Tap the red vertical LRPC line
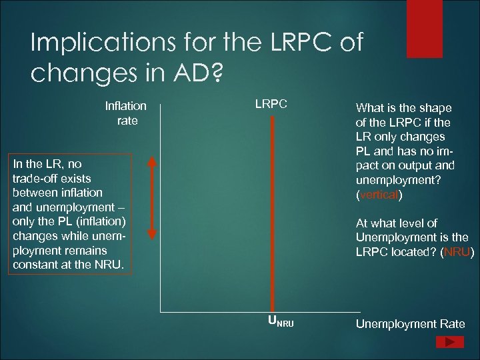pyautogui.click(x=273, y=213)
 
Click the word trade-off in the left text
pyautogui.click(x=34, y=178)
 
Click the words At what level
pyautogui.click(x=387, y=223)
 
